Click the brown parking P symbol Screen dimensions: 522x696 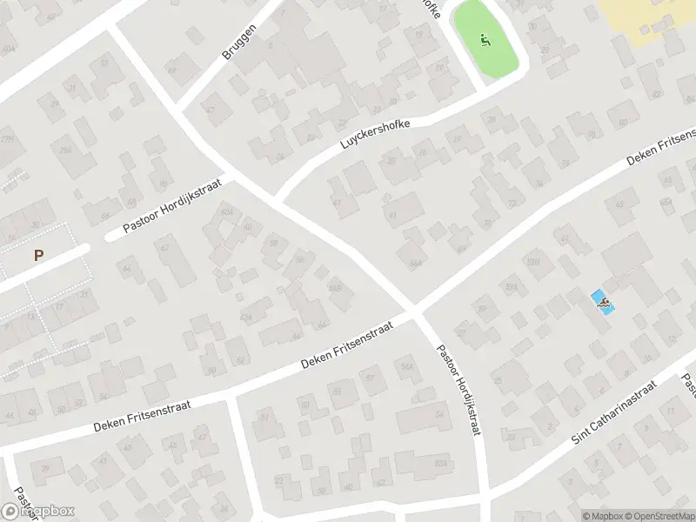pos(38,255)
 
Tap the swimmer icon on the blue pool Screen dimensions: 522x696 pos(602,302)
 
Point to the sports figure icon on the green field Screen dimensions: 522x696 pos(485,39)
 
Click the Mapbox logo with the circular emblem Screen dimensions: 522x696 pos(38,512)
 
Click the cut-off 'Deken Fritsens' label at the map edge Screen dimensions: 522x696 pos(661,149)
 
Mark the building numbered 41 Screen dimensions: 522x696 pos(393,215)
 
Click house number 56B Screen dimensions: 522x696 pos(335,288)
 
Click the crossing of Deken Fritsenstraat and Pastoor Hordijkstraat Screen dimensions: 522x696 pos(415,311)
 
